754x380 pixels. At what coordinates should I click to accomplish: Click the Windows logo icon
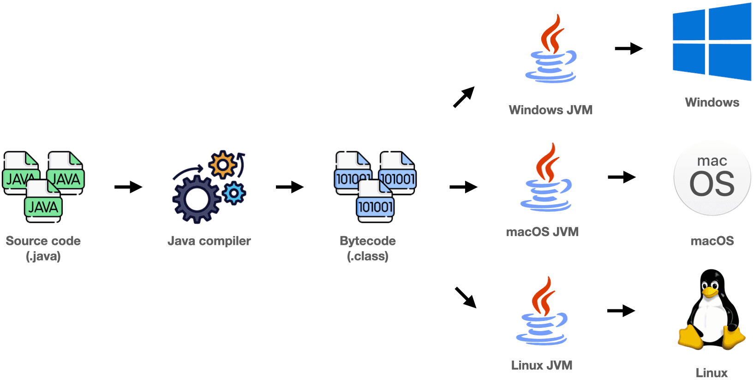coord(712,42)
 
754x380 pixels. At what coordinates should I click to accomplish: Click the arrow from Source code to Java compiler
coord(128,187)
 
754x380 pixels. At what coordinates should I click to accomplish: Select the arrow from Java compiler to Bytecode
coord(290,187)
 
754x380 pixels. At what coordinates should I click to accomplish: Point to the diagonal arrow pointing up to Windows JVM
coord(464,97)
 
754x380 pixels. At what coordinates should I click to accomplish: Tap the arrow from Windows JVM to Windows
coord(628,48)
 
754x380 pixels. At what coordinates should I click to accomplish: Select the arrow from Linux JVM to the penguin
coord(621,311)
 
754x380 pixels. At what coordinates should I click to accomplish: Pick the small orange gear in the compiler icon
coord(223,164)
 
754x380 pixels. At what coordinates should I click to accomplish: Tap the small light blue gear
coord(234,193)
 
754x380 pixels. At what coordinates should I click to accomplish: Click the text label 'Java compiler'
coord(209,241)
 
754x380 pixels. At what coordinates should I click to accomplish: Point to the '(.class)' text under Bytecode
coord(368,256)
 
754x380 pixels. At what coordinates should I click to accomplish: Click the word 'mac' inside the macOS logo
coord(712,161)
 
